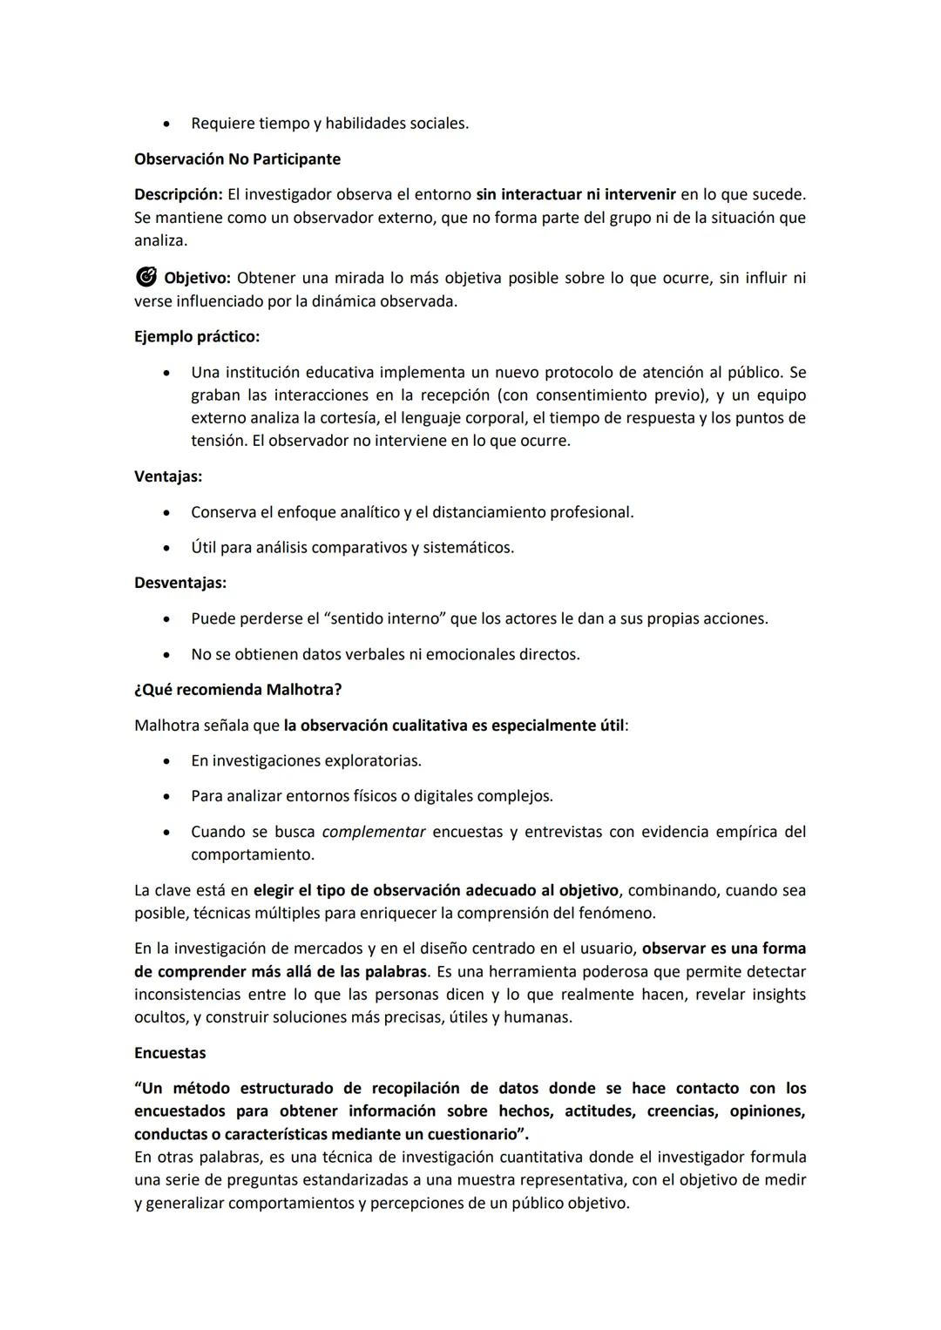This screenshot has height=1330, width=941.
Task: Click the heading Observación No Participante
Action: (237, 159)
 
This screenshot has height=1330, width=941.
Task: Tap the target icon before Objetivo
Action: (146, 278)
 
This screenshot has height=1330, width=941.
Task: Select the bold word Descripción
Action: (178, 194)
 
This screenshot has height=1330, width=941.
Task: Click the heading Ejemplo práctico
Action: (197, 336)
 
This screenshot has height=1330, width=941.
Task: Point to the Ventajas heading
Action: (167, 476)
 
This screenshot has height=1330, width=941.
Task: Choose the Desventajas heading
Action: (179, 583)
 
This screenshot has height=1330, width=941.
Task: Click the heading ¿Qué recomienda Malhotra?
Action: (238, 690)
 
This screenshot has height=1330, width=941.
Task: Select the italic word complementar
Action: (374, 832)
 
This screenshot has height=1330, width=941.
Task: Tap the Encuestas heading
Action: (170, 1053)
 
